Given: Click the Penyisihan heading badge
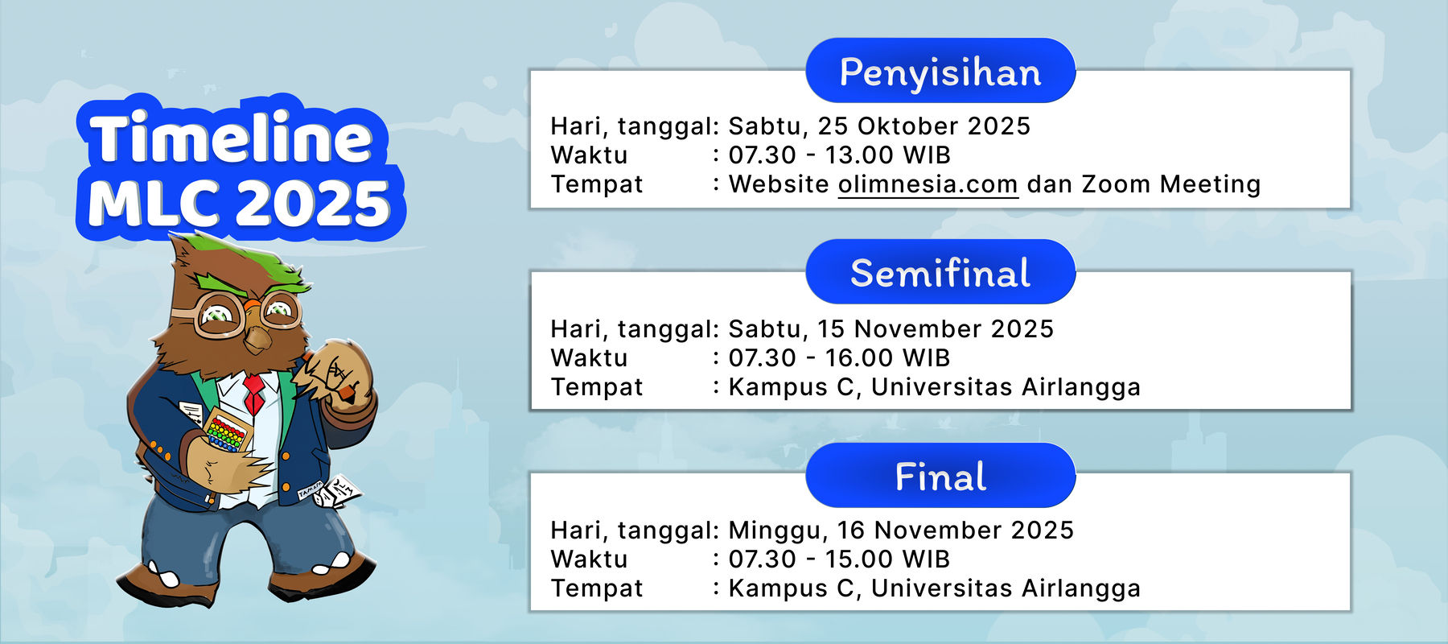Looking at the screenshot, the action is (940, 71).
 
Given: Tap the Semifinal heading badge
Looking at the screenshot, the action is (940, 272).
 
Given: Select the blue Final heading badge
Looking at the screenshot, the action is (940, 476).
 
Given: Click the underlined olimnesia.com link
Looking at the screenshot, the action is (928, 184).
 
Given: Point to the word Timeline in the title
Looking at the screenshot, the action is (231, 138).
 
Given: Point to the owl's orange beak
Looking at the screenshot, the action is (258, 335).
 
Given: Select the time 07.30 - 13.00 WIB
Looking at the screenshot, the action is (839, 155).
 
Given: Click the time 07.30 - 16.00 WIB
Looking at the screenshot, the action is (839, 358).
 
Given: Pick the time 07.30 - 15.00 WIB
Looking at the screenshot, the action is (839, 559).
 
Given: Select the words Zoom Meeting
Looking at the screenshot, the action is (1170, 185).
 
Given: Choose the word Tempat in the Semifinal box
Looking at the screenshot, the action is (597, 388).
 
